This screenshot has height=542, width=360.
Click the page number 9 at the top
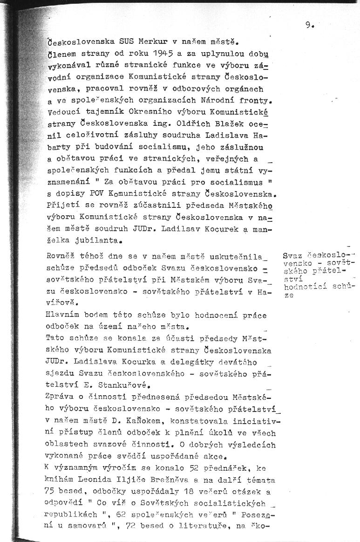308,26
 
